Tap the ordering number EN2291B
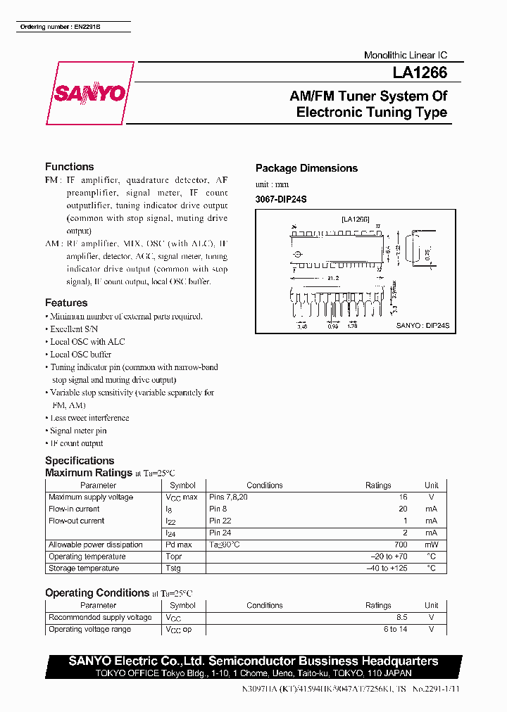click(x=61, y=27)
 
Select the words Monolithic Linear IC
click(x=405, y=55)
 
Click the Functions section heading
click(x=69, y=167)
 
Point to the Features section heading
click(x=66, y=303)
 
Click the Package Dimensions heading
click(x=306, y=168)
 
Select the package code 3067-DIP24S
click(x=281, y=199)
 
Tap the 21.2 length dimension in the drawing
click(x=332, y=277)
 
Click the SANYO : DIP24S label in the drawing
click(x=423, y=326)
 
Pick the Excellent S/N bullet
click(x=74, y=329)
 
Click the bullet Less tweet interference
click(x=89, y=418)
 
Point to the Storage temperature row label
click(x=83, y=568)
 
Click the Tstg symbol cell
click(x=173, y=568)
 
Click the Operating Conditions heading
click(x=97, y=592)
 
